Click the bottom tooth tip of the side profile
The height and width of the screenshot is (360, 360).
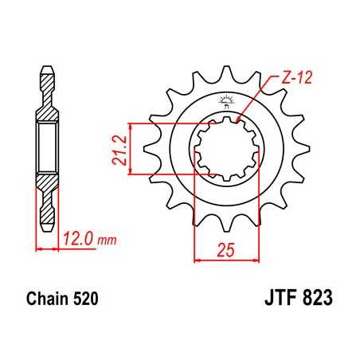coord(47,231)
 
